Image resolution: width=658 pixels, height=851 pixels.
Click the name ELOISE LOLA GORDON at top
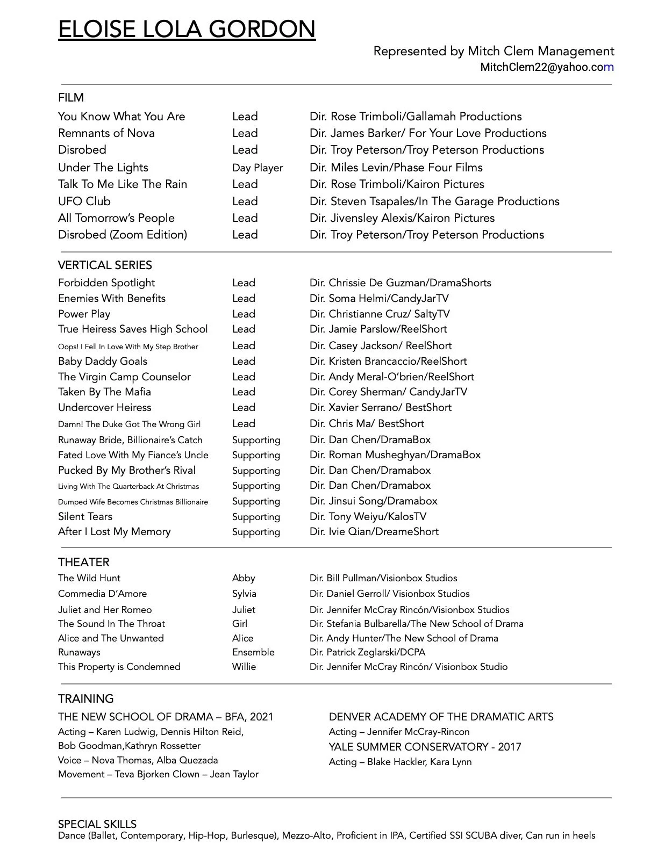point(187,29)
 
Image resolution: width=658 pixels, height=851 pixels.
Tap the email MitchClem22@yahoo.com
point(547,67)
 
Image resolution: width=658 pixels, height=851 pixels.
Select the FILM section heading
point(71,98)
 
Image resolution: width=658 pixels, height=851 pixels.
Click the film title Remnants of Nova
point(106,133)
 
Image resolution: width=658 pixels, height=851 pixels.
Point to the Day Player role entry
point(257,168)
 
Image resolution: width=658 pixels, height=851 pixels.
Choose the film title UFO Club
point(84,201)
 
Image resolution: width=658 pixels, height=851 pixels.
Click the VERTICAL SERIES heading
point(105,265)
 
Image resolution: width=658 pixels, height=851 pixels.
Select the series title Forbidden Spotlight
point(106,283)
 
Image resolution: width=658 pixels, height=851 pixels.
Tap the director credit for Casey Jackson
point(380,346)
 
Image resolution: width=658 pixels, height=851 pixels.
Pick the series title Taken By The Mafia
point(104,392)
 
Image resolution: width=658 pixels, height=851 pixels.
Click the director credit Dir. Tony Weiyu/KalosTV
point(368,517)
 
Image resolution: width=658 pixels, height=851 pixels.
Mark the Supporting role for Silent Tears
point(256,517)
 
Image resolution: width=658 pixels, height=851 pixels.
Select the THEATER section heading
point(84,562)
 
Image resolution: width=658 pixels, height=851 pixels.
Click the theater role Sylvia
point(244,594)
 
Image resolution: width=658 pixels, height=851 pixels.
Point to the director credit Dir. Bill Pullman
point(383,579)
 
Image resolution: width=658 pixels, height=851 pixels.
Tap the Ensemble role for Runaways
point(253,652)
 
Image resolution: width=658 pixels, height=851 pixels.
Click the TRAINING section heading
point(86,699)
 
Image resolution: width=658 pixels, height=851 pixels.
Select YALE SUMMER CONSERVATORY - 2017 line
point(425,747)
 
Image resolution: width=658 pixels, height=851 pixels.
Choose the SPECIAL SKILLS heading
point(97,824)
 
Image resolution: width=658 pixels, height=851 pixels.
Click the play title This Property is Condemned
point(119,667)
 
